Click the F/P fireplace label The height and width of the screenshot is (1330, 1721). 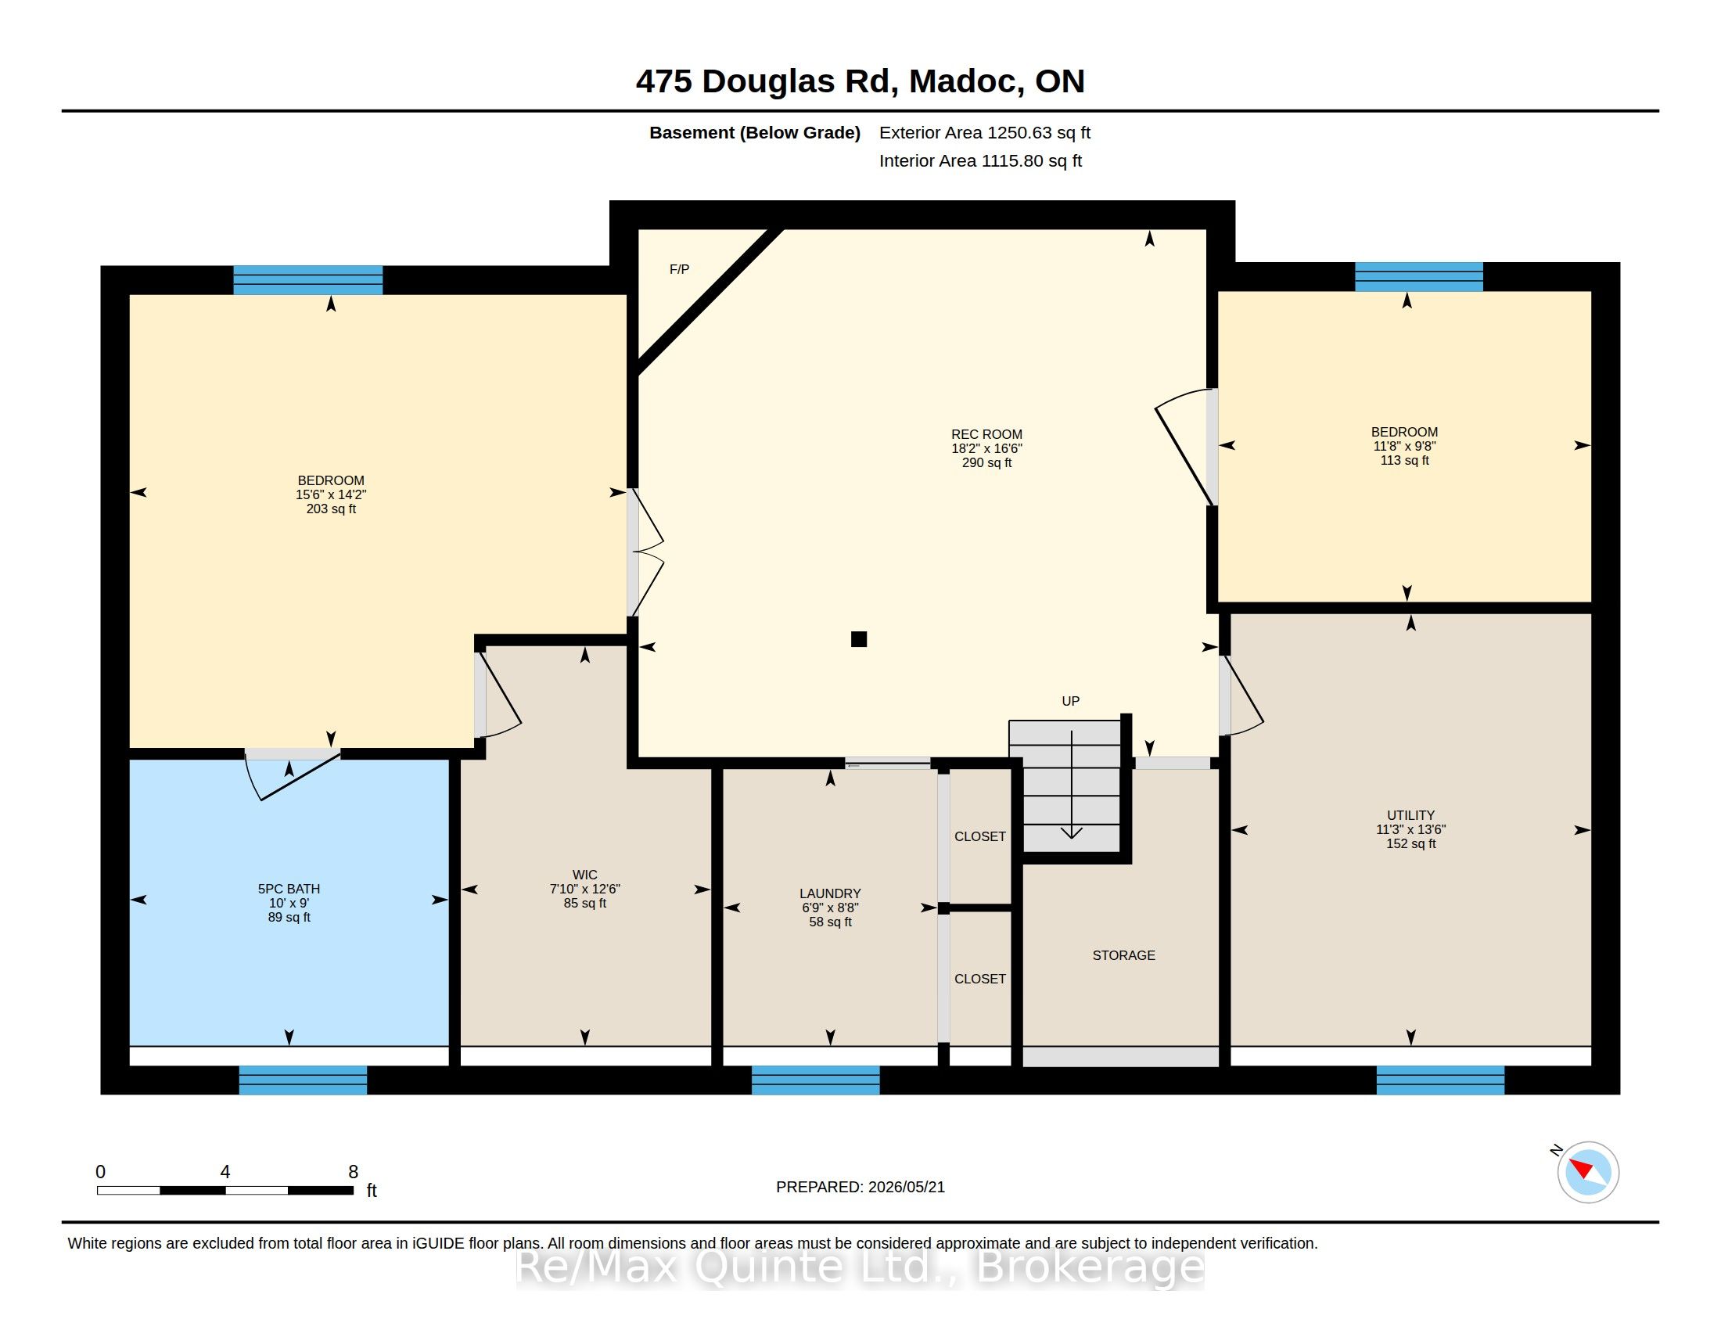679,269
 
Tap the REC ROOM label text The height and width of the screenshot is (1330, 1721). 986,434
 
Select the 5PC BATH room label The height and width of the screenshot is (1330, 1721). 289,889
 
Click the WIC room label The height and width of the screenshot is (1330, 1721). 584,875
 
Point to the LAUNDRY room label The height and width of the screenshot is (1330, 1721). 830,893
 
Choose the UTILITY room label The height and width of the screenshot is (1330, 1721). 1410,815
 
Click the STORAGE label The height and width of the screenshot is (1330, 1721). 1123,956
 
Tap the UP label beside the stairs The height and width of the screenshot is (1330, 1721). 1070,701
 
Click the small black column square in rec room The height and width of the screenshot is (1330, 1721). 859,639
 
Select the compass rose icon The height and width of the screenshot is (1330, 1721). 1588,1173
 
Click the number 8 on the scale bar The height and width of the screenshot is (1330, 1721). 353,1172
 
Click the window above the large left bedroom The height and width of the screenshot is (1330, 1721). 307,280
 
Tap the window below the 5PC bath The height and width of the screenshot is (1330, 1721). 303,1080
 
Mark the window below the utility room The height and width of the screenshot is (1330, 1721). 1439,1080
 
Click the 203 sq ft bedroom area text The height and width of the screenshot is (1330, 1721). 331,509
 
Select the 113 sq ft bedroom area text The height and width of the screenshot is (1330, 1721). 1404,460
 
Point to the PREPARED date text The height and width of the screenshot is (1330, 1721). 860,1188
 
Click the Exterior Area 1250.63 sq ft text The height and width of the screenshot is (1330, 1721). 985,133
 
